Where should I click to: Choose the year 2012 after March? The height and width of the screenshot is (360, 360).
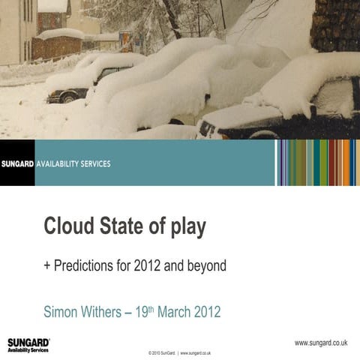tap(208, 311)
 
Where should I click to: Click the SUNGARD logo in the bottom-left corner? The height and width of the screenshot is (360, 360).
tap(28, 344)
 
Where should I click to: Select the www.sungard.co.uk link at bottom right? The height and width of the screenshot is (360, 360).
tap(320, 343)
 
